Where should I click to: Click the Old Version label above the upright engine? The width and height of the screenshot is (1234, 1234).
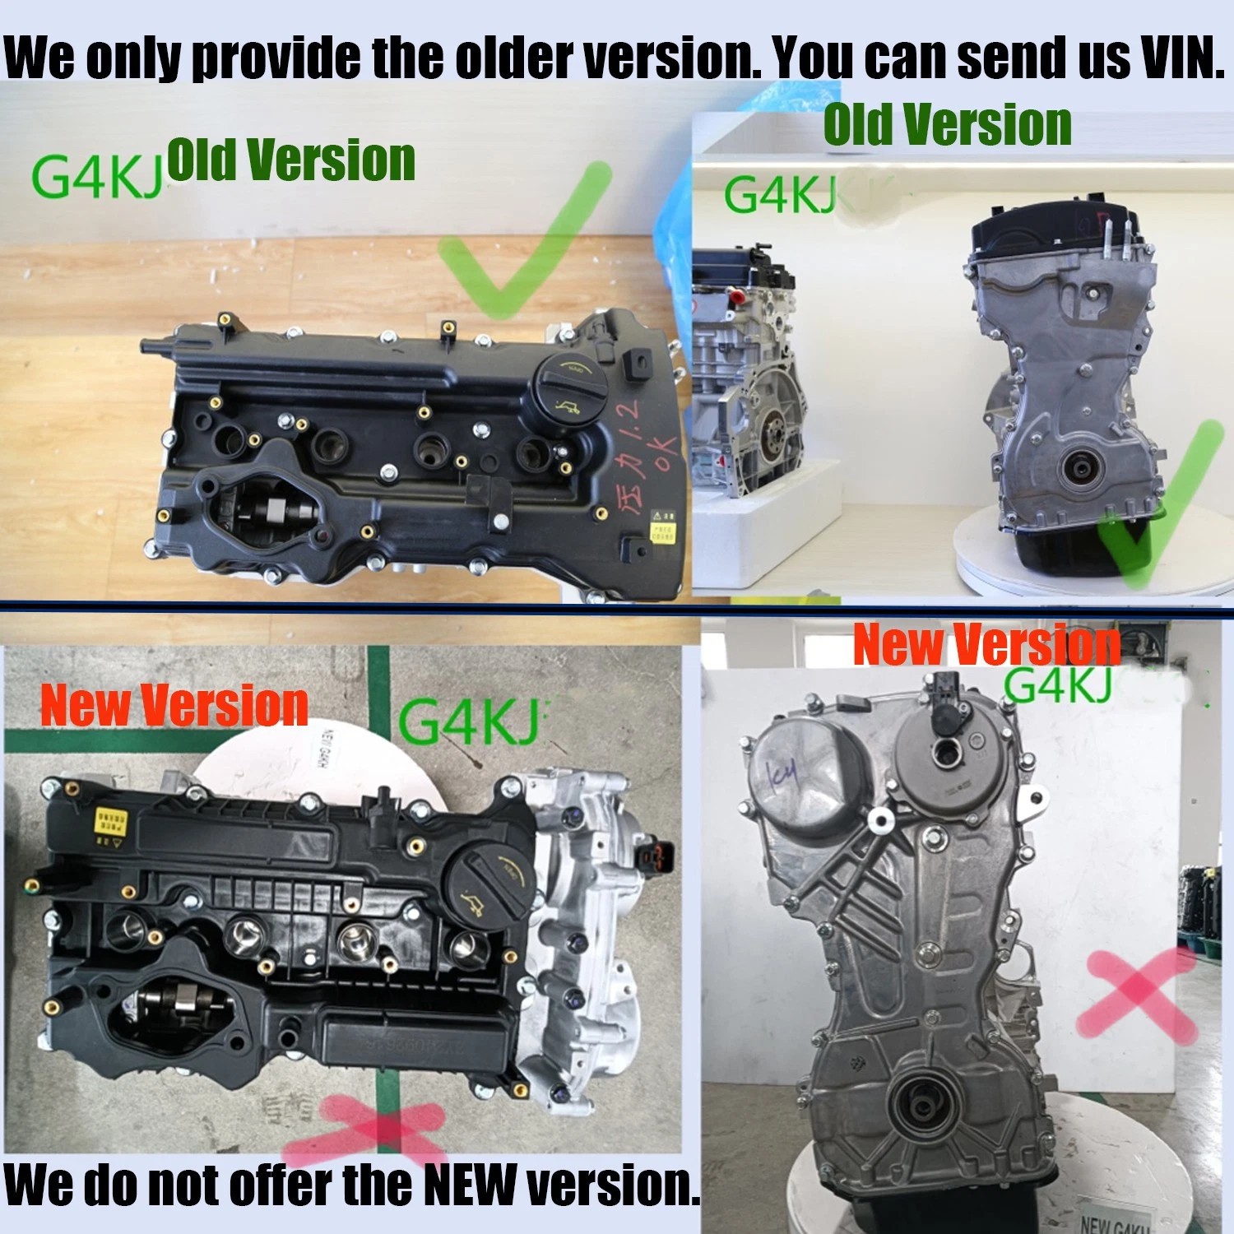pyautogui.click(x=947, y=125)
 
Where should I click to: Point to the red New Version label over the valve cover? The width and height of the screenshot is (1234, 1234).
pyautogui.click(x=174, y=705)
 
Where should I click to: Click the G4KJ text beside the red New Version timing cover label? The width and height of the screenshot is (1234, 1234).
pyautogui.click(x=1059, y=685)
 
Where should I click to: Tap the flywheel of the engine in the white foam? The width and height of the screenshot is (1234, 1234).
pyautogui.click(x=773, y=432)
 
